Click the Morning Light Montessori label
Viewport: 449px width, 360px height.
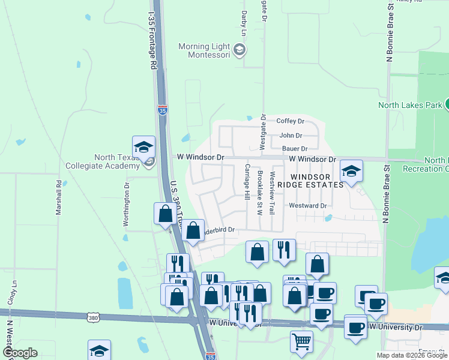[x=205, y=51]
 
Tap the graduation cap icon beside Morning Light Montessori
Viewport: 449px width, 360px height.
[x=240, y=49]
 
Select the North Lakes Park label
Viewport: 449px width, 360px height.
[x=409, y=105]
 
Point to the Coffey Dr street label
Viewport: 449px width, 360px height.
[x=291, y=121]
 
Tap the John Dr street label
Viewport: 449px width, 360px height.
[x=291, y=136]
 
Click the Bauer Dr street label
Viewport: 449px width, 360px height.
[x=294, y=148]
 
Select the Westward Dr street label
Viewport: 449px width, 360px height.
[x=307, y=205]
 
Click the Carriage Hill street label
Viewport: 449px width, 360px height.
[x=246, y=182]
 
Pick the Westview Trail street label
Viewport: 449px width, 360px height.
[x=272, y=194]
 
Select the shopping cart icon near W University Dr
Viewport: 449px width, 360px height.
[x=301, y=341]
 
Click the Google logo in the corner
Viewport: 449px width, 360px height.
[x=20, y=353]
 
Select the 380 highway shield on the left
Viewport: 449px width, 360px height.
[x=92, y=316]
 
